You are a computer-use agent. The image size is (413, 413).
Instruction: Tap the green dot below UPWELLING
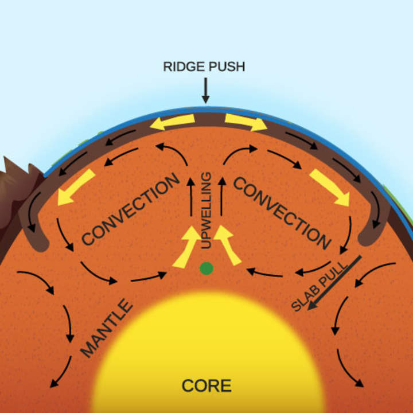pos(206,268)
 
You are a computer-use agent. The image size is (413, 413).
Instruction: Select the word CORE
pos(206,385)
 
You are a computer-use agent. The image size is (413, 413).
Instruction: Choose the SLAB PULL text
pos(313,287)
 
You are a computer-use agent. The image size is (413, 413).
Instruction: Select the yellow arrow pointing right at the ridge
pos(246,122)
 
